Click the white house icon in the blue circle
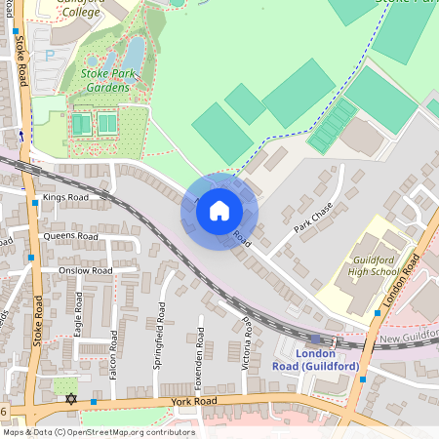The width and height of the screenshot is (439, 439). pos(219,210)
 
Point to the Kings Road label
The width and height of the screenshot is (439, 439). pos(65,197)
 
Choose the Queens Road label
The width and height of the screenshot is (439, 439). pos(70,236)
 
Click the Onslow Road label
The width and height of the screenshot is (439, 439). pos(85,270)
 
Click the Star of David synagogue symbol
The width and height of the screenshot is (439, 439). pos(69,398)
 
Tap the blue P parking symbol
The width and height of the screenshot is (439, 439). pos(50,55)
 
